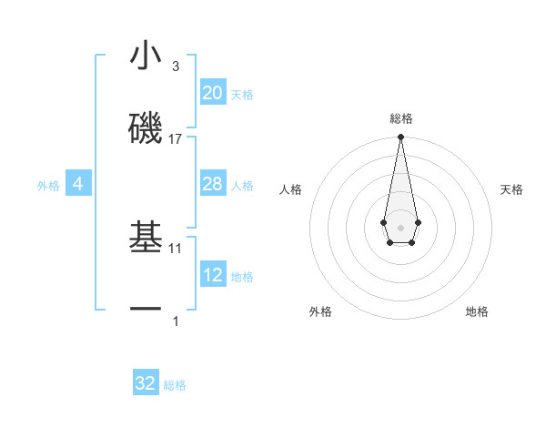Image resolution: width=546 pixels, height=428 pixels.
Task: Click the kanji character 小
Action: click(x=146, y=58)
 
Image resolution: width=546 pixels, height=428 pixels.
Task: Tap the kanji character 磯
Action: click(x=146, y=127)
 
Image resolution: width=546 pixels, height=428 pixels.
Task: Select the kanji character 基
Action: click(x=146, y=238)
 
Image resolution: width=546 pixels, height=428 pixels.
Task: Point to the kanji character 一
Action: click(x=146, y=310)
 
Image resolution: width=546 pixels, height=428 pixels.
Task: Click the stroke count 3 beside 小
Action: click(x=176, y=66)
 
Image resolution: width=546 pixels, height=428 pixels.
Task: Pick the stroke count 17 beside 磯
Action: click(x=176, y=139)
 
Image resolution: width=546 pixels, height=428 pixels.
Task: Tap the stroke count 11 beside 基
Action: click(x=176, y=248)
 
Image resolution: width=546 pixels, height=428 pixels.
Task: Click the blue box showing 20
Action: click(x=212, y=93)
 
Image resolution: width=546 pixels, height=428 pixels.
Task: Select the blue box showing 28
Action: click(x=212, y=185)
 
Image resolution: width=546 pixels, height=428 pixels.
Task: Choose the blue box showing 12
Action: click(x=212, y=275)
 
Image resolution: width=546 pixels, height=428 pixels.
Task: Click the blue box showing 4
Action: click(x=78, y=185)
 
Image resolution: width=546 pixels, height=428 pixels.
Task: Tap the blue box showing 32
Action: click(x=146, y=383)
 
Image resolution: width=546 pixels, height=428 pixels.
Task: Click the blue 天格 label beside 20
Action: click(x=242, y=95)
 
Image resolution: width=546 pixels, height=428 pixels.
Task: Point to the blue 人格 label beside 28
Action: click(x=242, y=186)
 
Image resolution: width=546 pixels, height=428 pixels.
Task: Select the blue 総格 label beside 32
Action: click(x=175, y=385)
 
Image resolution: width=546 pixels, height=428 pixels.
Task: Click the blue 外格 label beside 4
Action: click(x=48, y=186)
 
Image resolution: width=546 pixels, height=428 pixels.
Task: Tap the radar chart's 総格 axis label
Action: click(x=400, y=118)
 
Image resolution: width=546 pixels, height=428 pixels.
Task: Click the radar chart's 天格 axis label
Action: click(x=512, y=189)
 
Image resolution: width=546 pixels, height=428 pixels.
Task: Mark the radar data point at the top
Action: click(x=400, y=138)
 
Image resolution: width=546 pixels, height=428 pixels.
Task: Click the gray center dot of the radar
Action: click(x=400, y=226)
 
